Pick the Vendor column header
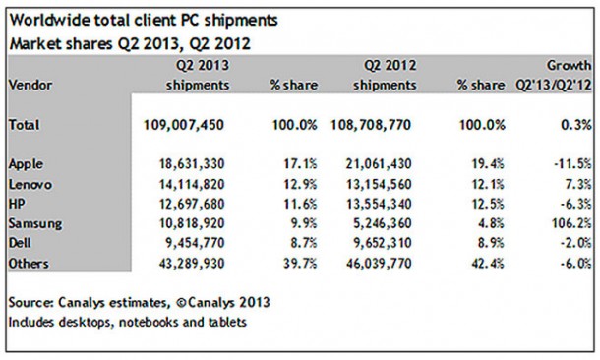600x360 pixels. pos(30,85)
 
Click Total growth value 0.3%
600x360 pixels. pos(574,125)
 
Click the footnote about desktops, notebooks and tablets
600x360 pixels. pos(128,321)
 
